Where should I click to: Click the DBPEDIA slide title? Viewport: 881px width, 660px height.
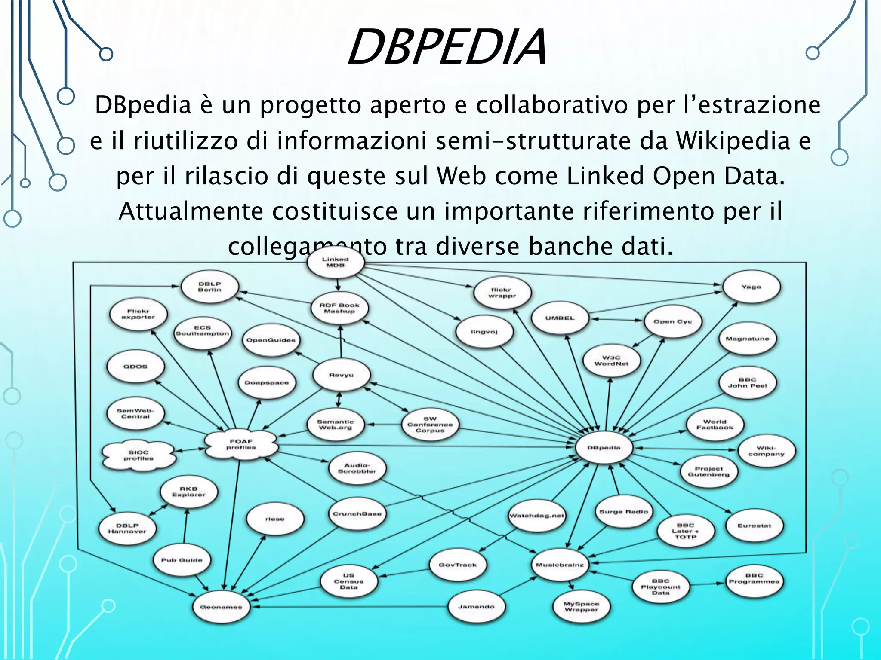pos(447,46)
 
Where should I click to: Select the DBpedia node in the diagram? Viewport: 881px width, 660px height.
pos(604,448)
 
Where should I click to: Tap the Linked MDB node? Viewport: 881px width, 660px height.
pos(336,262)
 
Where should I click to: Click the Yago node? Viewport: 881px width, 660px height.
pos(751,287)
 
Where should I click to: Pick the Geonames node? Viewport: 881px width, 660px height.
pos(221,607)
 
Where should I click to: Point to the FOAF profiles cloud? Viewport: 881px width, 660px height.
pos(241,444)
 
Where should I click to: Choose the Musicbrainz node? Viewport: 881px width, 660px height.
pos(560,565)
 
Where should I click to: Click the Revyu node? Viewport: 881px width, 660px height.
pos(341,375)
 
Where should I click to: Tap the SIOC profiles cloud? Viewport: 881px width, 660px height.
pos(139,455)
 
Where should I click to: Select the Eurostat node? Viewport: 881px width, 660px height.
pos(754,526)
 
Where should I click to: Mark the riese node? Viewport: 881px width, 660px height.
pos(275,519)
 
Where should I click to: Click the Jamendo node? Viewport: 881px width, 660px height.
pos(476,607)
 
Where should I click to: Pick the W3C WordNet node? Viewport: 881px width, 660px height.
pos(611,361)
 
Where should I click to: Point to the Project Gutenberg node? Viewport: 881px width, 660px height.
pos(708,471)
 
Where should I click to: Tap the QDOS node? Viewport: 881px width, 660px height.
pos(136,367)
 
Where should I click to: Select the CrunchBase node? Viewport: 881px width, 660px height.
pos(357,513)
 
